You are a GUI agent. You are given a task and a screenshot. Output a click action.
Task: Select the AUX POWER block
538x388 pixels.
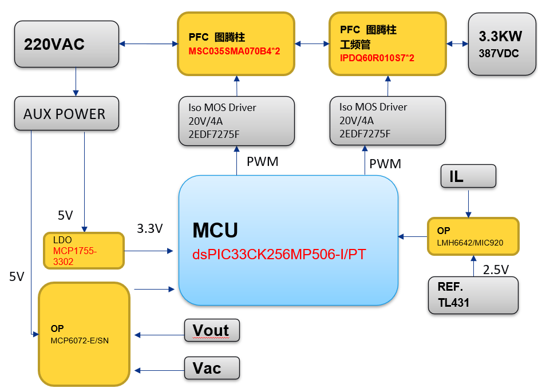pyautogui.click(x=66, y=113)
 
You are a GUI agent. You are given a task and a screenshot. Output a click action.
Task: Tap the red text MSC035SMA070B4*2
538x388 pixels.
pyautogui.click(x=234, y=51)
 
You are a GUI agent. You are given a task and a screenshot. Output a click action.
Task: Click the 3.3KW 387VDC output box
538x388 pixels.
pyautogui.click(x=500, y=44)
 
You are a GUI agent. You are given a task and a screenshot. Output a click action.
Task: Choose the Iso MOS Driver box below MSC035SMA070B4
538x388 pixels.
pyautogui.click(x=236, y=121)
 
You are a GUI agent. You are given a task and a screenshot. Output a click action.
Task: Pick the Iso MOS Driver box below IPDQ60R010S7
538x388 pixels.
pyautogui.click(x=387, y=120)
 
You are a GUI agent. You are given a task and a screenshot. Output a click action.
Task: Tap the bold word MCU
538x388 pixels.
pyautogui.click(x=215, y=230)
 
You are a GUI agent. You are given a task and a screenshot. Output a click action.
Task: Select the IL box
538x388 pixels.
pyautogui.click(x=468, y=176)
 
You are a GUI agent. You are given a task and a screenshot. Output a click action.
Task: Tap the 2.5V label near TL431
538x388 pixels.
pyautogui.click(x=496, y=270)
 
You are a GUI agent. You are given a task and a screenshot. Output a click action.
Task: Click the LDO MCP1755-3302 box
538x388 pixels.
pyautogui.click(x=84, y=251)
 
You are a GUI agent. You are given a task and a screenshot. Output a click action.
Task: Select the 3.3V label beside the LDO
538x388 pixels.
pyautogui.click(x=150, y=229)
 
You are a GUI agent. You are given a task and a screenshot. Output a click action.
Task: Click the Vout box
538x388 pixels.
pyautogui.click(x=211, y=331)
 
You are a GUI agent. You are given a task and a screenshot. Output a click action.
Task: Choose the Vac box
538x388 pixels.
pyautogui.click(x=211, y=367)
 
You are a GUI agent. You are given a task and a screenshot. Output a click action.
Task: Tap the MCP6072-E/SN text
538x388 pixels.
pyautogui.click(x=80, y=341)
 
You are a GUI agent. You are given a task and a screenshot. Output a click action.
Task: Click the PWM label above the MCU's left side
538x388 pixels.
pyautogui.click(x=262, y=162)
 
